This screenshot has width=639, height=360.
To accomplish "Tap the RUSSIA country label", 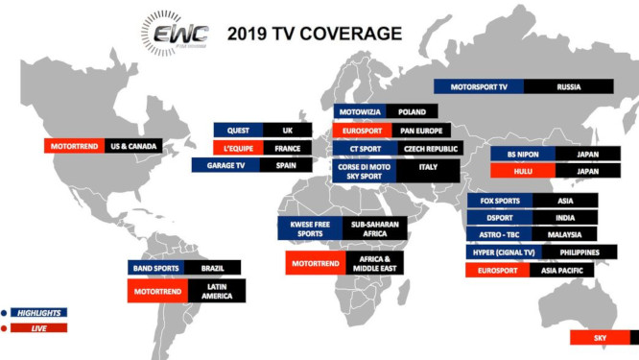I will (568, 85).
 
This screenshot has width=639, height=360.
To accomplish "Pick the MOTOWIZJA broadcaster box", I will (359, 111).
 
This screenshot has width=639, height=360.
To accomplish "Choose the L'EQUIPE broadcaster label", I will (239, 148).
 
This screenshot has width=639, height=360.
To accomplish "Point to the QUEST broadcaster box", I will (239, 130).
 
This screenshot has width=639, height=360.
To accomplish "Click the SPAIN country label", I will (286, 165).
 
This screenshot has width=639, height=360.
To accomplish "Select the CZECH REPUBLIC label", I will (426, 148).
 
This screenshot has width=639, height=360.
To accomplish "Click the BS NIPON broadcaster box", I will (515, 154).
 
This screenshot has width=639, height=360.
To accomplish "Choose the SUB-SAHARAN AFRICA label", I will (374, 228).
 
